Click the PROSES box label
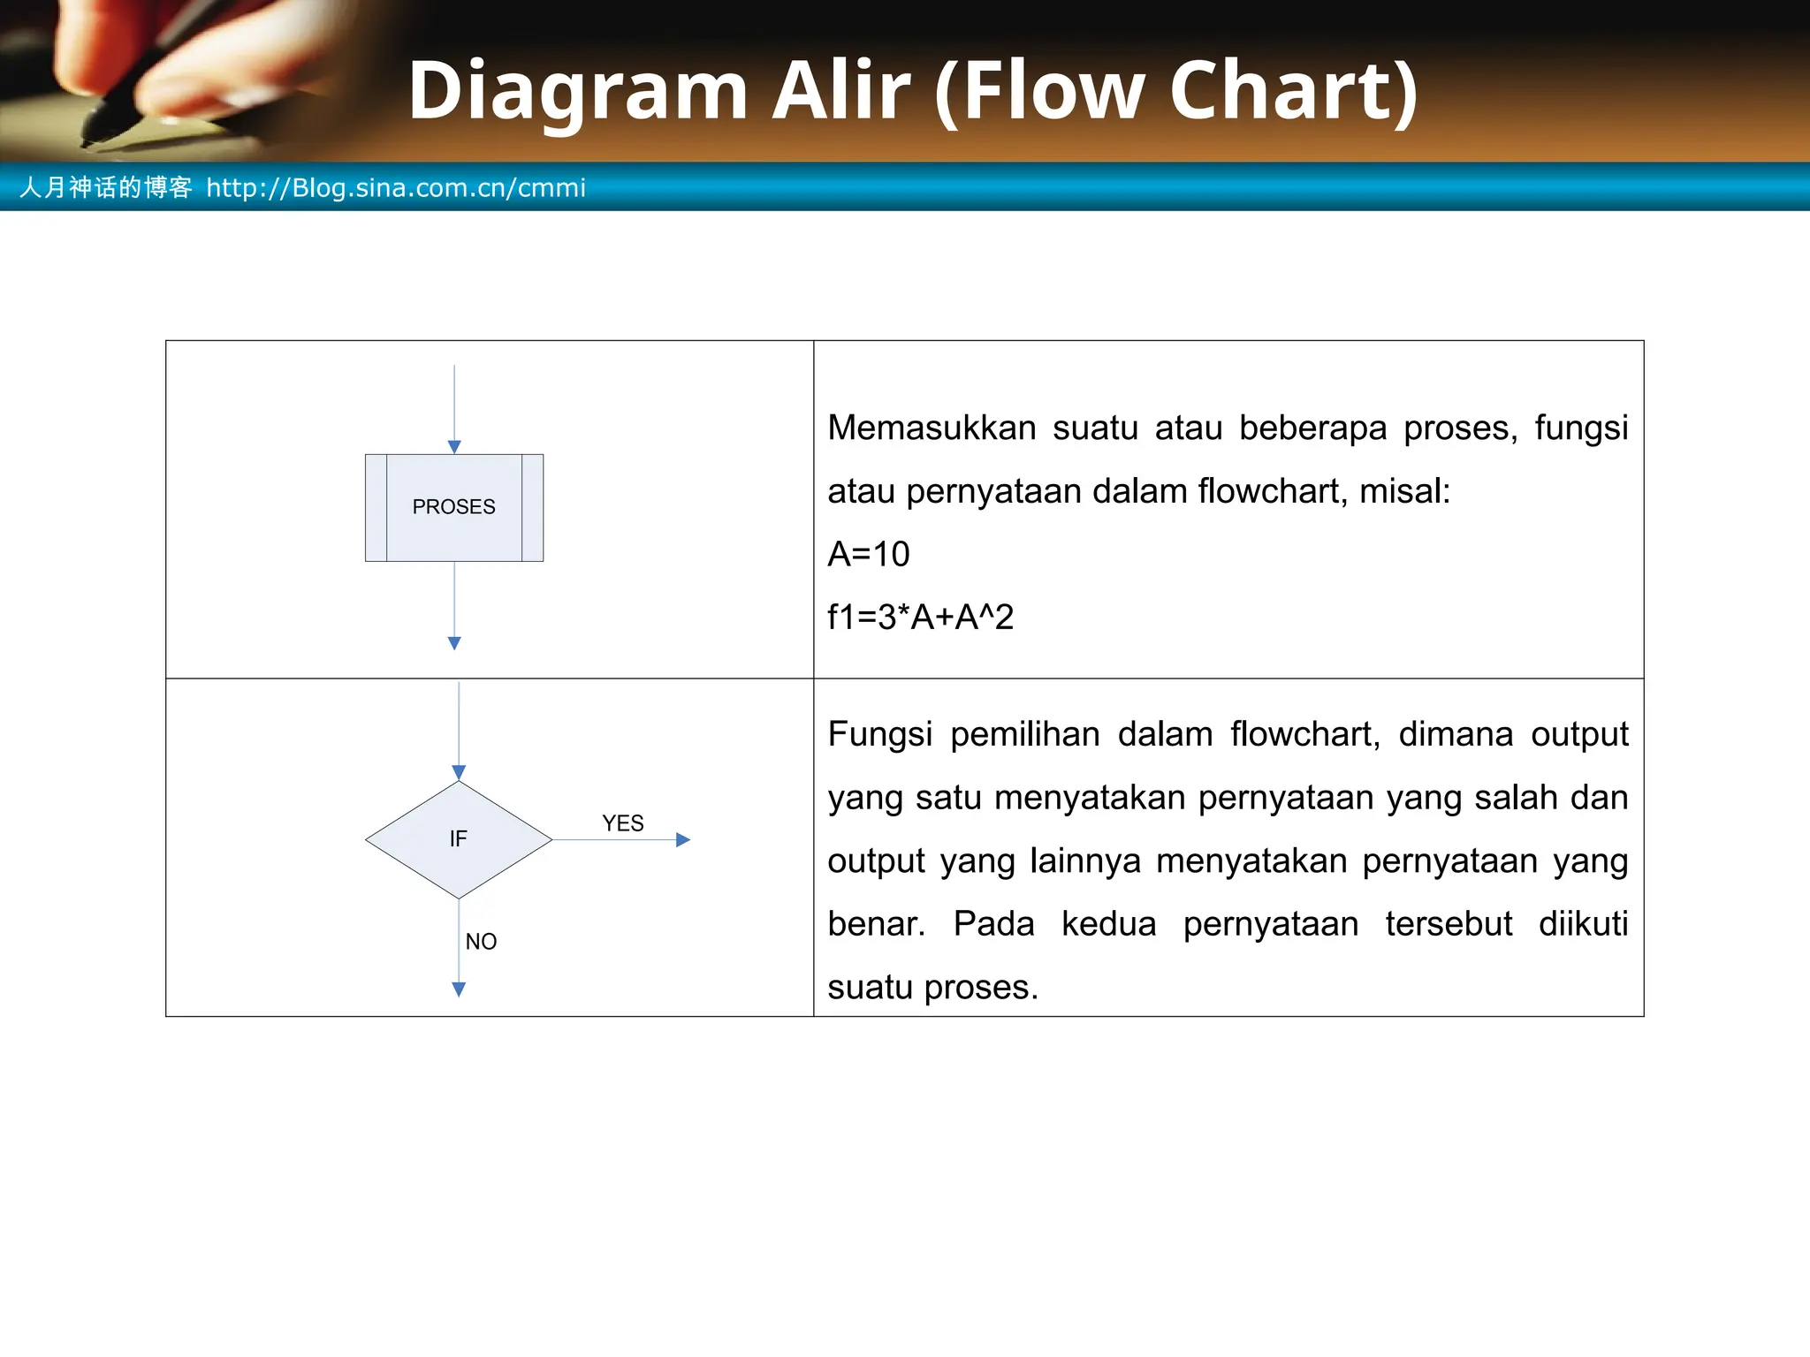453,507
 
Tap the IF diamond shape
458,839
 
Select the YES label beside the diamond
622,823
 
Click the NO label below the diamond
481,942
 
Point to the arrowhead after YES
682,840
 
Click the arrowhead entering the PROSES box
454,447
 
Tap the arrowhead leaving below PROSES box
454,643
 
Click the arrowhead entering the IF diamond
459,773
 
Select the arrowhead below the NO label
459,989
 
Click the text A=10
868,554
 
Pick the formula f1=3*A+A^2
920,617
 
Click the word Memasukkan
932,428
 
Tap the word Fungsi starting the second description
879,734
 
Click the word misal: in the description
1404,491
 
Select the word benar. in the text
876,924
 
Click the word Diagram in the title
578,90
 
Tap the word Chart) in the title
1294,90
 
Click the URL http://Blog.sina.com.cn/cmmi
395,187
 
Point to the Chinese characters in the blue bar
105,187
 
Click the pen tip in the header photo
89,141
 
